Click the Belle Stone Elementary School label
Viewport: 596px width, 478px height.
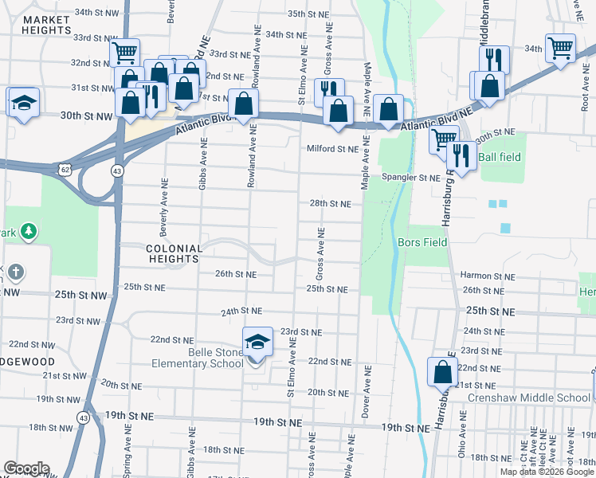point(198,358)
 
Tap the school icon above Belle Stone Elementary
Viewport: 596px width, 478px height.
point(257,343)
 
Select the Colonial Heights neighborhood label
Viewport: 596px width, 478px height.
point(173,253)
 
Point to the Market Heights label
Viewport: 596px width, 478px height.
point(37,24)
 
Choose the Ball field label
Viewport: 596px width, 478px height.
point(500,157)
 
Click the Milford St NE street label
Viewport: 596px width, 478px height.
point(334,148)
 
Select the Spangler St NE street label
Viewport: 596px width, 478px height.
point(410,177)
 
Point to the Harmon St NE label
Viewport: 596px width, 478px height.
point(486,276)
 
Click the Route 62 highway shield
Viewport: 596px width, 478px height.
point(65,170)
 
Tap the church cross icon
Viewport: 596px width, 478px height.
point(15,272)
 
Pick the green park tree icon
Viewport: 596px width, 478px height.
point(29,231)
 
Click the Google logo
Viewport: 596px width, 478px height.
point(26,468)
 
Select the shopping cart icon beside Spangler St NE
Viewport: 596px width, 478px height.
point(442,140)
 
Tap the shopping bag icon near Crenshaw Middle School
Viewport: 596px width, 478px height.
point(442,371)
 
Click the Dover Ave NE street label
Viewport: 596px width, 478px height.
point(367,392)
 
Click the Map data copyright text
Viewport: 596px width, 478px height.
point(547,472)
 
